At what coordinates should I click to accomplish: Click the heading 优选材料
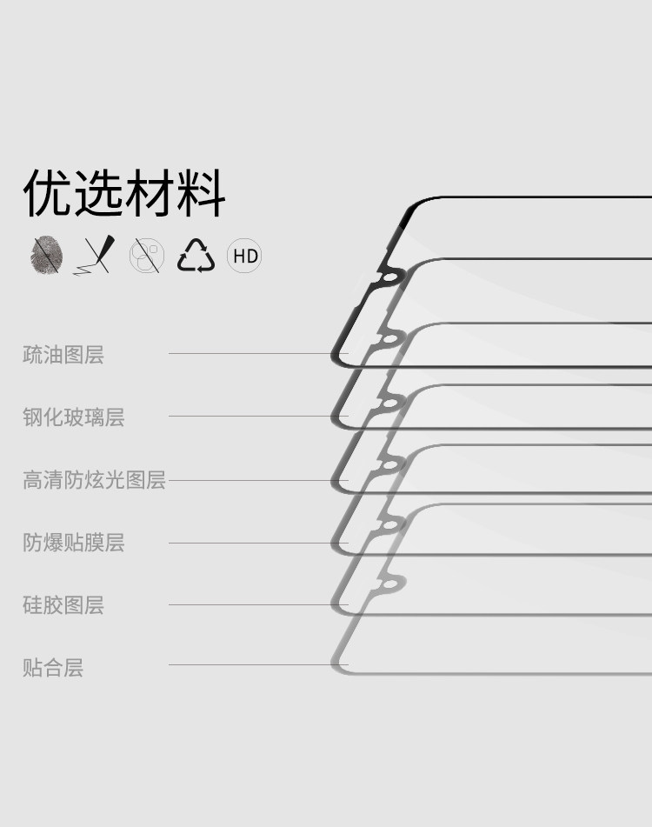(124, 193)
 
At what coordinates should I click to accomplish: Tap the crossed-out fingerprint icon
(47, 257)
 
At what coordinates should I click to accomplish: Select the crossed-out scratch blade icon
(96, 256)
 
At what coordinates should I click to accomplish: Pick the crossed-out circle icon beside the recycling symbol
(147, 257)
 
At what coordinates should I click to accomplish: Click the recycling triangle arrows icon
(196, 256)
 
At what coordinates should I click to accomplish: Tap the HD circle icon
(244, 257)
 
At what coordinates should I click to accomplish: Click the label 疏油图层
(63, 355)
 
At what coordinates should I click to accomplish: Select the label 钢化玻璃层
(74, 417)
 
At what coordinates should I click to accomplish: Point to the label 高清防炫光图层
(94, 480)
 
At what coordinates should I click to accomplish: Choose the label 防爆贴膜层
(74, 543)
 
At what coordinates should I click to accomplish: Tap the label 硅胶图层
(63, 605)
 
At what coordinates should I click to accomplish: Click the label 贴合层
(53, 668)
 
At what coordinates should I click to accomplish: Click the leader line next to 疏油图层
(252, 354)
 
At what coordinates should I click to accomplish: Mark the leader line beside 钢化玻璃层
(252, 417)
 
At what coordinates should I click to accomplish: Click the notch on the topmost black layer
(389, 278)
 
